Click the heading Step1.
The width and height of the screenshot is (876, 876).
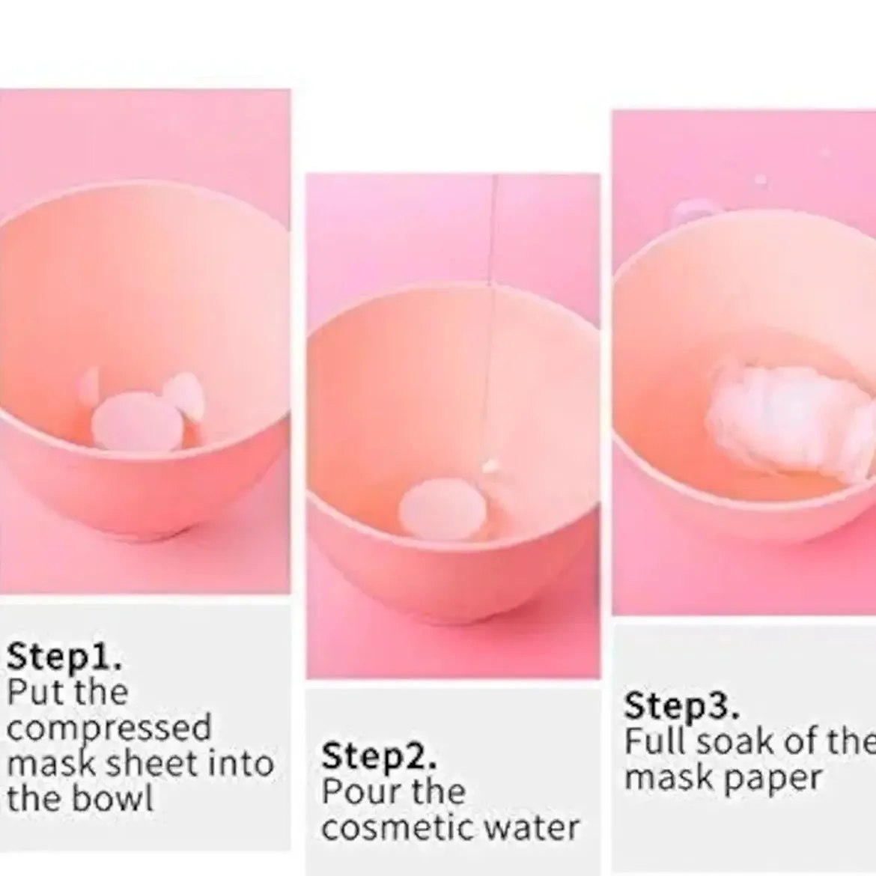tap(64, 657)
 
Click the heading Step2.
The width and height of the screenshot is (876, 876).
tap(379, 756)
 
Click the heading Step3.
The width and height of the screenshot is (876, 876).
tap(681, 705)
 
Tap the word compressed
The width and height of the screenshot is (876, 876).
tap(109, 729)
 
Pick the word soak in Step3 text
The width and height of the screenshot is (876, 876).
tap(737, 741)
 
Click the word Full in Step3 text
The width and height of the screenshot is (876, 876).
tap(657, 741)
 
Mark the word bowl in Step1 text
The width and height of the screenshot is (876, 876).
tap(115, 798)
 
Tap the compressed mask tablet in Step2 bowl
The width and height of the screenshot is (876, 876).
tap(442, 511)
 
